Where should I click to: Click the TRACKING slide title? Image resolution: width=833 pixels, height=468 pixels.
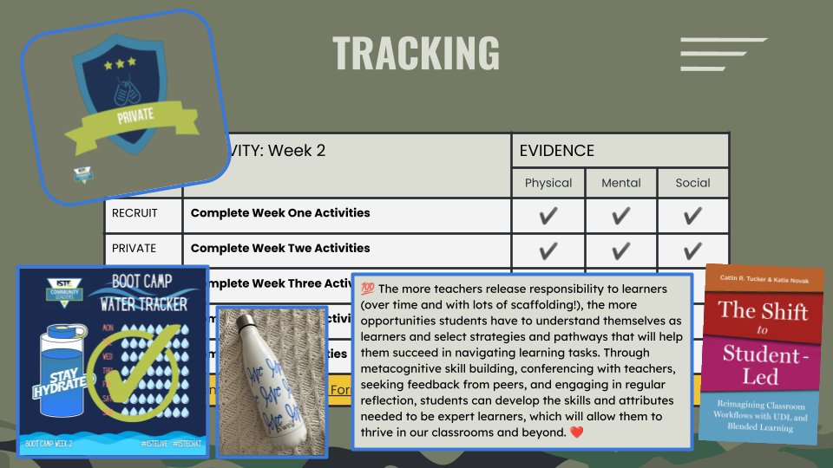pos(416,53)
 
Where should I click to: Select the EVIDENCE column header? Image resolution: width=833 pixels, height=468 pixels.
pos(556,151)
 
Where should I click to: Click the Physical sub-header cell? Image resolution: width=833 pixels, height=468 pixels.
pos(548,183)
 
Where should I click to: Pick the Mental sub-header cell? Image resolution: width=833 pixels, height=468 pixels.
pos(621,183)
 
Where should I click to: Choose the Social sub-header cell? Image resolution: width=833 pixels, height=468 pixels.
pos(692,183)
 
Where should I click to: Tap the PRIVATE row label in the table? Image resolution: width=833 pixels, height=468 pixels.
pos(134,249)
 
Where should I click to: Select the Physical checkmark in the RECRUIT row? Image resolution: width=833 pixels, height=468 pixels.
pos(548,216)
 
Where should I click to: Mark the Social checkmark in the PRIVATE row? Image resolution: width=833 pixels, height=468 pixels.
pos(692,251)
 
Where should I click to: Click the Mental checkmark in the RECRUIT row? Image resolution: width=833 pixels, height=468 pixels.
pos(621,216)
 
